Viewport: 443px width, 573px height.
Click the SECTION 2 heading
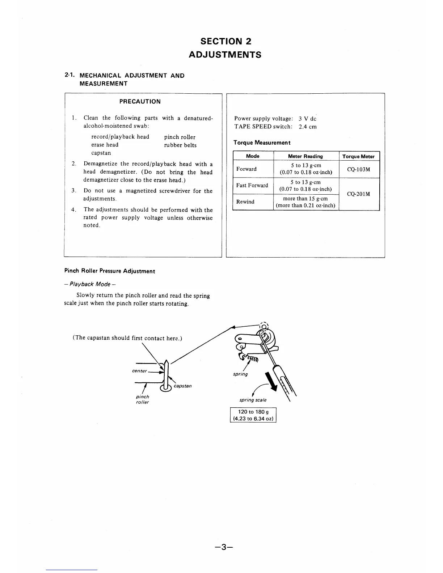(225, 41)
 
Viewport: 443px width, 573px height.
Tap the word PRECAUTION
(140, 101)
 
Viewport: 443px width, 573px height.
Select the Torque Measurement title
(262, 143)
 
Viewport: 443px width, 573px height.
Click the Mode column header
(253, 156)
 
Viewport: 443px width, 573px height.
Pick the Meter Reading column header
(305, 156)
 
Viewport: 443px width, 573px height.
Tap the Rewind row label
(245, 202)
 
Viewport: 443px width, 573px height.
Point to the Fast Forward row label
(252, 186)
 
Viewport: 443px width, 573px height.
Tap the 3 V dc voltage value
(308, 119)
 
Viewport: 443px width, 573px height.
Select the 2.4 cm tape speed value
(308, 127)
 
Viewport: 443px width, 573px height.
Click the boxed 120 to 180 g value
(253, 415)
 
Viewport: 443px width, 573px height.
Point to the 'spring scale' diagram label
(253, 400)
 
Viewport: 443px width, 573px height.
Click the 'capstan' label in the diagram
(183, 386)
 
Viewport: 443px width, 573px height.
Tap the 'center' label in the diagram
(140, 371)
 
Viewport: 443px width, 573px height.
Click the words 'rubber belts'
(180, 145)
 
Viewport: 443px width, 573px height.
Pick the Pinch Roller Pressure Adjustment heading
(110, 271)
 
